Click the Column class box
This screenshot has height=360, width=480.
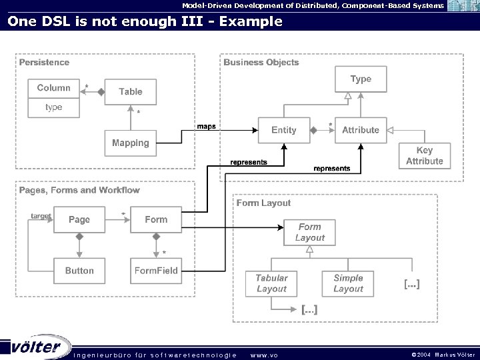(x=54, y=89)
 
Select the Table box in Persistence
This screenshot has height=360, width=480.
(x=131, y=92)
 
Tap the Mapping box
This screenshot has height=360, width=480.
(x=131, y=143)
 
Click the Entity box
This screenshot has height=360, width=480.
(x=283, y=130)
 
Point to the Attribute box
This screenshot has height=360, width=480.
(x=361, y=130)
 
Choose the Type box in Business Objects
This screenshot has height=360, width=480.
(x=361, y=79)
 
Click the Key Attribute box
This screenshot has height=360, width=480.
(x=425, y=156)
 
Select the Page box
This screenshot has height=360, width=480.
(x=79, y=219)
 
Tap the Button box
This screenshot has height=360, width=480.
(x=79, y=271)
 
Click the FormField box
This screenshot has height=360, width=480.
(x=156, y=271)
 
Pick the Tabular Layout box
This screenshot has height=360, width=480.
(x=271, y=283)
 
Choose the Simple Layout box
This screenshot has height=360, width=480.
(x=348, y=283)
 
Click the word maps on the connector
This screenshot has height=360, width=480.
(x=206, y=127)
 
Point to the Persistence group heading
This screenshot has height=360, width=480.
(x=44, y=62)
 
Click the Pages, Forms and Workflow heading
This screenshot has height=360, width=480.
(x=79, y=190)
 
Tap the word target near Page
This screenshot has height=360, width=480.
(x=41, y=216)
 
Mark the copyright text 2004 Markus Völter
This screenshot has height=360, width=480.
(x=443, y=355)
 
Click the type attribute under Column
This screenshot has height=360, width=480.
(x=54, y=107)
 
